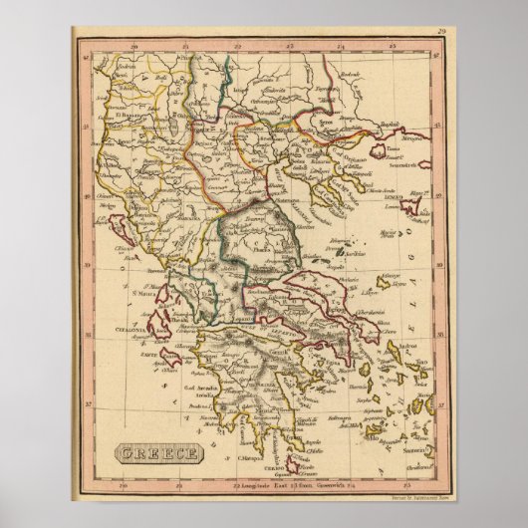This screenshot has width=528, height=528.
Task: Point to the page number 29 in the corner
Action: point(439,33)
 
